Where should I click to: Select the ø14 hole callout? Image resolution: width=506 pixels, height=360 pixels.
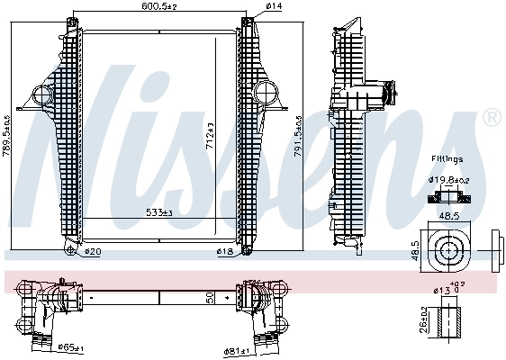point(274,7)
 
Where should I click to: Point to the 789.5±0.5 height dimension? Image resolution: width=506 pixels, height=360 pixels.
point(7,132)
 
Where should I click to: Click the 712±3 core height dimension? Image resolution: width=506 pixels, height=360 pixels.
point(210,135)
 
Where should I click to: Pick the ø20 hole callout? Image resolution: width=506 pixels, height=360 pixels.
point(93,253)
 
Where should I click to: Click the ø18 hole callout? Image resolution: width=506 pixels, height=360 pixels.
point(227,253)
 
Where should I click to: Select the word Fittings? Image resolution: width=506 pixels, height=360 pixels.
point(447,158)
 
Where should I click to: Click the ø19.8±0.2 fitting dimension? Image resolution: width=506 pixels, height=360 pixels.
point(449,179)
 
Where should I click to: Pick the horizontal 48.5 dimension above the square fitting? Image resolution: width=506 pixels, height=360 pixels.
point(447,216)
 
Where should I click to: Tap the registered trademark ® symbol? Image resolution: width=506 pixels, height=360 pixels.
point(492,117)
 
